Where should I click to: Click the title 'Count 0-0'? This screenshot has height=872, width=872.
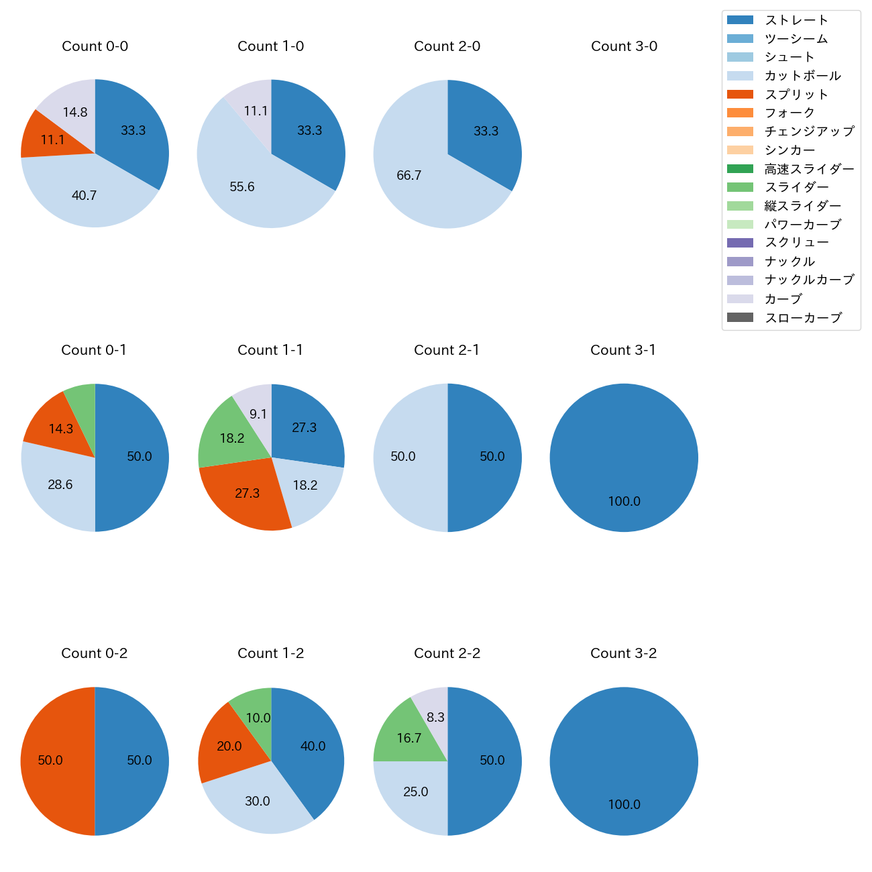[x=95, y=46]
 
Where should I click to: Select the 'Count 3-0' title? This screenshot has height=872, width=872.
[x=624, y=46]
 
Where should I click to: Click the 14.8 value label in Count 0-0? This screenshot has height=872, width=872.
[x=75, y=113]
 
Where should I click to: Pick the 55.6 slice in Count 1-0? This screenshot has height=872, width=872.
[x=248, y=181]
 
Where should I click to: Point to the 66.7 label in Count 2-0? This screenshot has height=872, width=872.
[x=408, y=176]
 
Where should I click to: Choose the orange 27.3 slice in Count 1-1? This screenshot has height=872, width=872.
[x=245, y=493]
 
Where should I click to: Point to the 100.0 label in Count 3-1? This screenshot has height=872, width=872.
[x=624, y=501]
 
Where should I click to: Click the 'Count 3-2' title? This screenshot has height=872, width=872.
[x=623, y=653]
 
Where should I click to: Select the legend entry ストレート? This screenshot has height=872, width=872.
[x=796, y=20]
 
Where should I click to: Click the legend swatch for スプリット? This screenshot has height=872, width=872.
[x=740, y=95]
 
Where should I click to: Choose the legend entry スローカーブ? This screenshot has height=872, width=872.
[x=803, y=318]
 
